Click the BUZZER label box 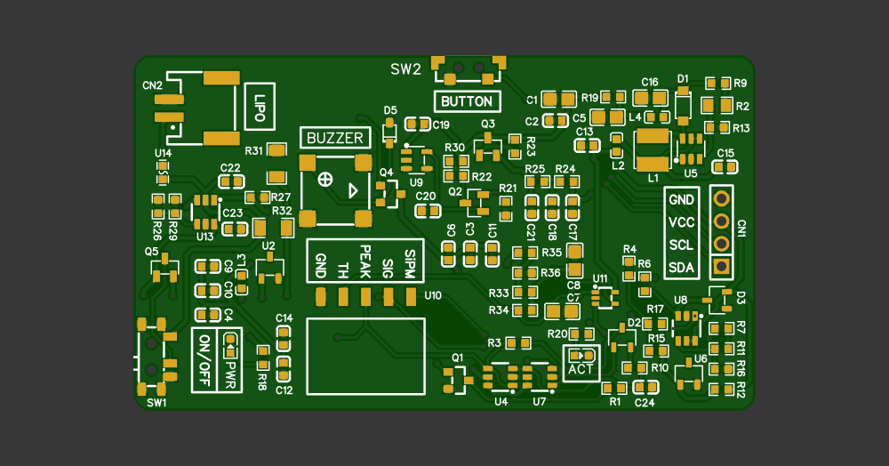coord(335,138)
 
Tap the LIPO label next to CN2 coord(260,106)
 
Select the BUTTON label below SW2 coord(467,101)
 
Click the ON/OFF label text coord(204,360)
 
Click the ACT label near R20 coord(581,368)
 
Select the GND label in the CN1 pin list coord(682,200)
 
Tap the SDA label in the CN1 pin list coord(682,267)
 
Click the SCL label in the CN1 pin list coord(682,245)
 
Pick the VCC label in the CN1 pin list coord(682,222)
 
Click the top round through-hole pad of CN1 coord(722,198)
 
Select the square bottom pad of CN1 coord(722,266)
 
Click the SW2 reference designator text coord(405,69)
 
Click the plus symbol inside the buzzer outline coord(325,180)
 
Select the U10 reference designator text coord(433,295)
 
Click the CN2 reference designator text coord(152,85)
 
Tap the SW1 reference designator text coord(156,403)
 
